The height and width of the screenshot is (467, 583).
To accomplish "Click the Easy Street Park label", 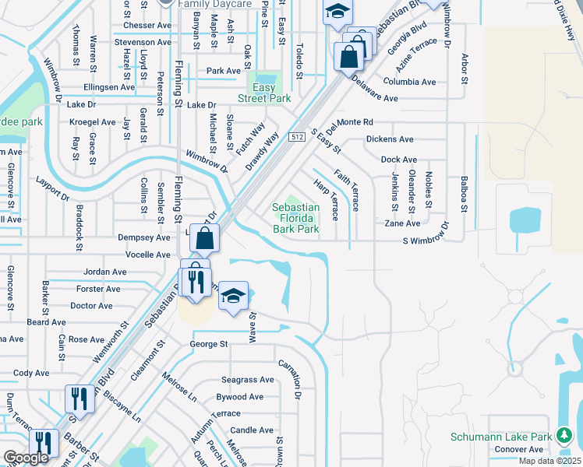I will [265, 93].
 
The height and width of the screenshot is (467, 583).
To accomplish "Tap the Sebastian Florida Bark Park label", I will [295, 218].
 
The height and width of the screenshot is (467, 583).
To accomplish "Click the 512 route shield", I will [296, 137].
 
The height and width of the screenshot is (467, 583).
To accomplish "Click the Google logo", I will [26, 458].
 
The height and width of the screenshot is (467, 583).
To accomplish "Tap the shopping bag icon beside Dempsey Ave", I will [203, 241].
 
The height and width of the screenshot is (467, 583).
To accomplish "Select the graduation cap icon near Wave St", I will [232, 297].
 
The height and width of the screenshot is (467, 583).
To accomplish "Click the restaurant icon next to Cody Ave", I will [79, 401].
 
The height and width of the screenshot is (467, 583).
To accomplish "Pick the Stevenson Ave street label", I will [142, 42].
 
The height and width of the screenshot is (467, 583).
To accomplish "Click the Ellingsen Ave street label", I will [110, 87].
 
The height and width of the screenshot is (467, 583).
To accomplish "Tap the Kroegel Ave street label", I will [92, 122].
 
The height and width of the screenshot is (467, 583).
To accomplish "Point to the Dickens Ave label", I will [390, 139].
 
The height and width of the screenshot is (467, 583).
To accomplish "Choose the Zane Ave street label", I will [402, 223].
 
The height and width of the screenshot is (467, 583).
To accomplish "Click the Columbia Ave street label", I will [409, 82].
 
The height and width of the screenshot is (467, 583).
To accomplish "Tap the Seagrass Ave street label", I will [247, 380].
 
